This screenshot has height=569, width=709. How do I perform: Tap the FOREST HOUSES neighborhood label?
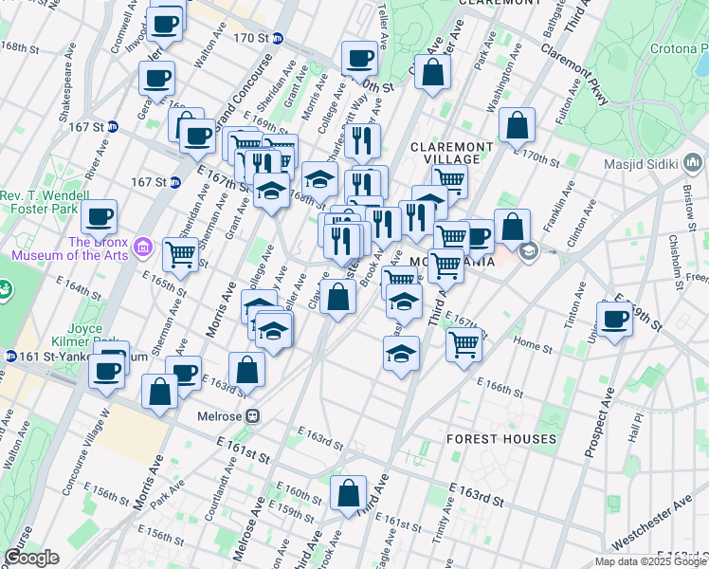501,439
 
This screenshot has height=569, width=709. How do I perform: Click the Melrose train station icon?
253,415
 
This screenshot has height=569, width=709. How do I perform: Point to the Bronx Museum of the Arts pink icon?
144,248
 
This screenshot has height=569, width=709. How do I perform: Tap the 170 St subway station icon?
277,38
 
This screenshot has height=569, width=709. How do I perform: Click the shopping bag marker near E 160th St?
349,493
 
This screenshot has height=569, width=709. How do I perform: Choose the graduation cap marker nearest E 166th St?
402,354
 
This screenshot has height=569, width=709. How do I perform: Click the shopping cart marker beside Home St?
464,343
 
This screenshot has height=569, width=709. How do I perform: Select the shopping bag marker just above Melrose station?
246,369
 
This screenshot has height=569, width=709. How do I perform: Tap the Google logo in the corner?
31,558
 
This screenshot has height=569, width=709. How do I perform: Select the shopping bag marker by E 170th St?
518,125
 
